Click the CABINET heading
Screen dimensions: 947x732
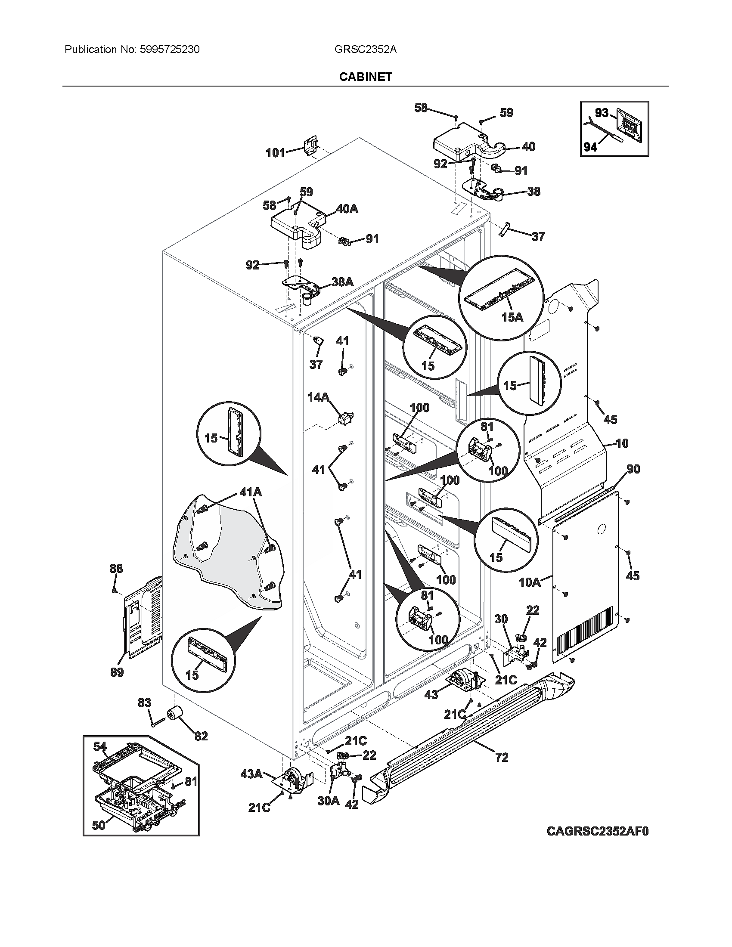366,77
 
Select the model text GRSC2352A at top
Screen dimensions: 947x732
365,50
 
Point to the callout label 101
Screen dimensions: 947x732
275,153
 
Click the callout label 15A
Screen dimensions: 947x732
512,317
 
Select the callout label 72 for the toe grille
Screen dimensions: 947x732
501,758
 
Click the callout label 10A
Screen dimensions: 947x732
530,582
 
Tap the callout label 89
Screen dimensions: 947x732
117,672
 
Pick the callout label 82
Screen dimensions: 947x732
201,736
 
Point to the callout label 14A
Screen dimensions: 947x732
318,397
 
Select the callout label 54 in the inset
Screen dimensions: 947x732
100,746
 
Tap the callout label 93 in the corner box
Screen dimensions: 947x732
602,113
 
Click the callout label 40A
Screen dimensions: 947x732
347,209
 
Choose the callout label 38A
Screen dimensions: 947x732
342,282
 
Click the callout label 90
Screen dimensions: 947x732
633,469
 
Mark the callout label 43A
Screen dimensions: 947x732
251,774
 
